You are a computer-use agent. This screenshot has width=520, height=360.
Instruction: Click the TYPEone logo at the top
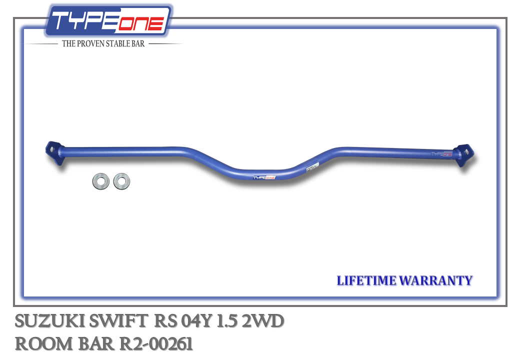[108, 20]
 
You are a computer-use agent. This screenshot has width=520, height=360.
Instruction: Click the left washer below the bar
[101, 181]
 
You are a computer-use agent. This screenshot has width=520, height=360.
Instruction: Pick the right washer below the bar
[121, 181]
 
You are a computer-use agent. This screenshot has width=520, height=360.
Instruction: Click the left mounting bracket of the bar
[54, 152]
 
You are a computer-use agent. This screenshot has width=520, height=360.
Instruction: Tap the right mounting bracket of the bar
[465, 155]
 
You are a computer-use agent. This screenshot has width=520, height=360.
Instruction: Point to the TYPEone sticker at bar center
[264, 177]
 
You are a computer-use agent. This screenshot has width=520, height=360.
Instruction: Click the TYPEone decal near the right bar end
[441, 154]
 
